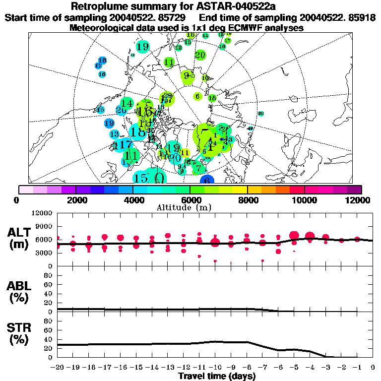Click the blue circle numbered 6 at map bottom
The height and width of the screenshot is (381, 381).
click(x=207, y=181)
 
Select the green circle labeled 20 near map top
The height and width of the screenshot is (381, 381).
click(x=200, y=55)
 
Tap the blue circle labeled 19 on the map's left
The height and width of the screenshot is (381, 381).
click(x=110, y=123)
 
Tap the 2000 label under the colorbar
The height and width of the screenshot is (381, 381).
click(x=75, y=200)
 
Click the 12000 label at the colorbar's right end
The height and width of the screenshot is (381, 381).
click(x=360, y=200)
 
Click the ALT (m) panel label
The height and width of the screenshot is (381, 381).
click(x=20, y=239)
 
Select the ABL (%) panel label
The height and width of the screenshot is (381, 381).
click(x=20, y=292)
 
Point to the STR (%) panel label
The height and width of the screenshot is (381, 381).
click(x=20, y=334)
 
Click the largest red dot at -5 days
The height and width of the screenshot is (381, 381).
click(x=294, y=235)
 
